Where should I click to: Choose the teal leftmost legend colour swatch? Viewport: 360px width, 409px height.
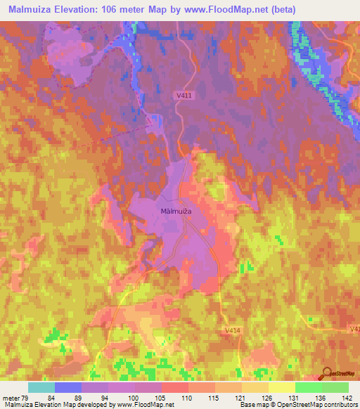pos(41,387)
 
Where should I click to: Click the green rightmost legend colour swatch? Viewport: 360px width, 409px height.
pos(335,387)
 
